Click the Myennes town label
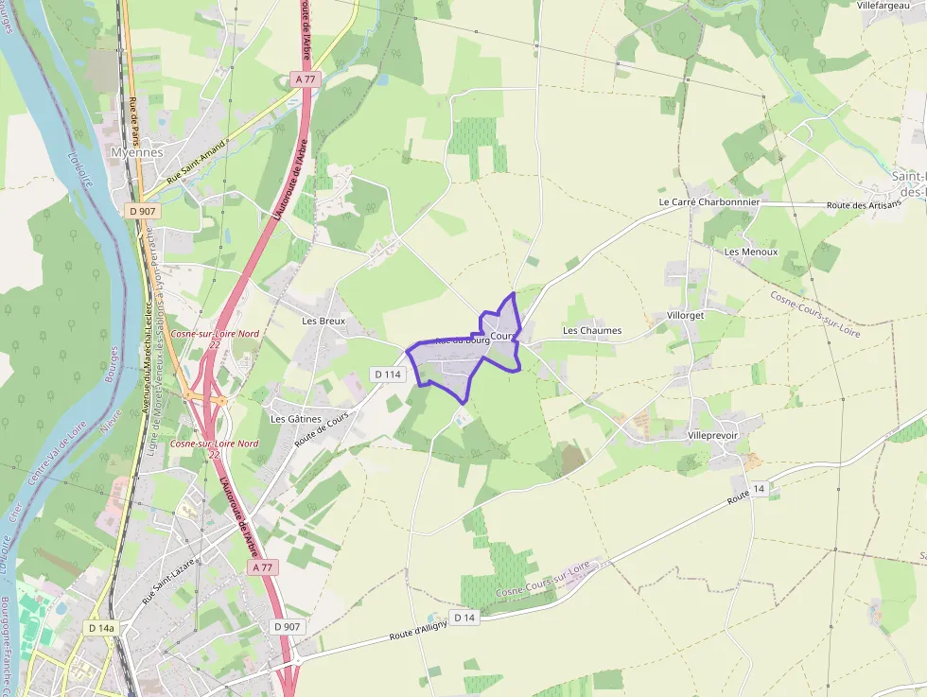(137, 152)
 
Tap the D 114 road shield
(388, 375)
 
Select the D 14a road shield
(101, 627)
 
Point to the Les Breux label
(324, 321)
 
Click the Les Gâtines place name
(296, 419)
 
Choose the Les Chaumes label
(592, 330)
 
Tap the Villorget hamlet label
(686, 315)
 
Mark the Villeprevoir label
(713, 435)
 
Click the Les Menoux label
(751, 252)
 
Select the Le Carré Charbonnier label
(708, 202)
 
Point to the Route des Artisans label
(864, 205)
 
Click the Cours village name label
(502, 336)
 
